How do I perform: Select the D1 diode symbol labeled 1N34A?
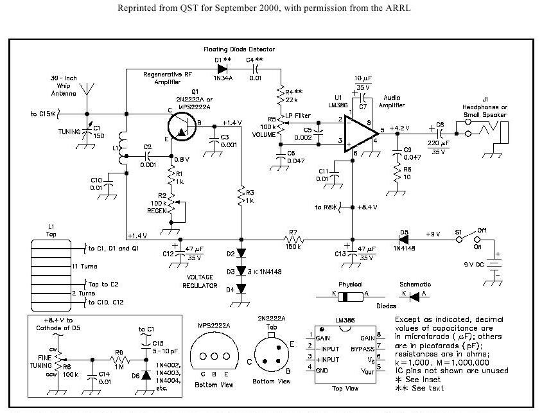pos(223,67)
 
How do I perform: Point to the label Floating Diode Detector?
pos(239,49)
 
